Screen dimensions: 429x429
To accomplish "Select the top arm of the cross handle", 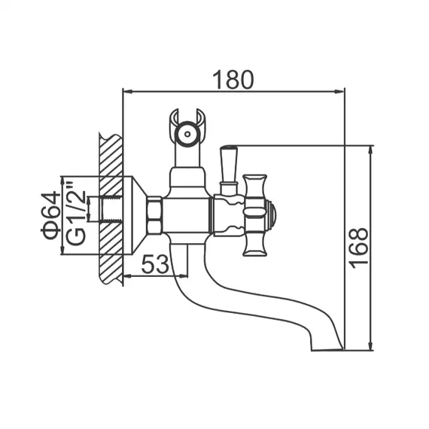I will tap(255, 185).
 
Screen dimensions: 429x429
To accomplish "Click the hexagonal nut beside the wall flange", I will tap(154, 214).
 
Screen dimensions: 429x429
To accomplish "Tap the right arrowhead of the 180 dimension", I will tap(339, 92).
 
